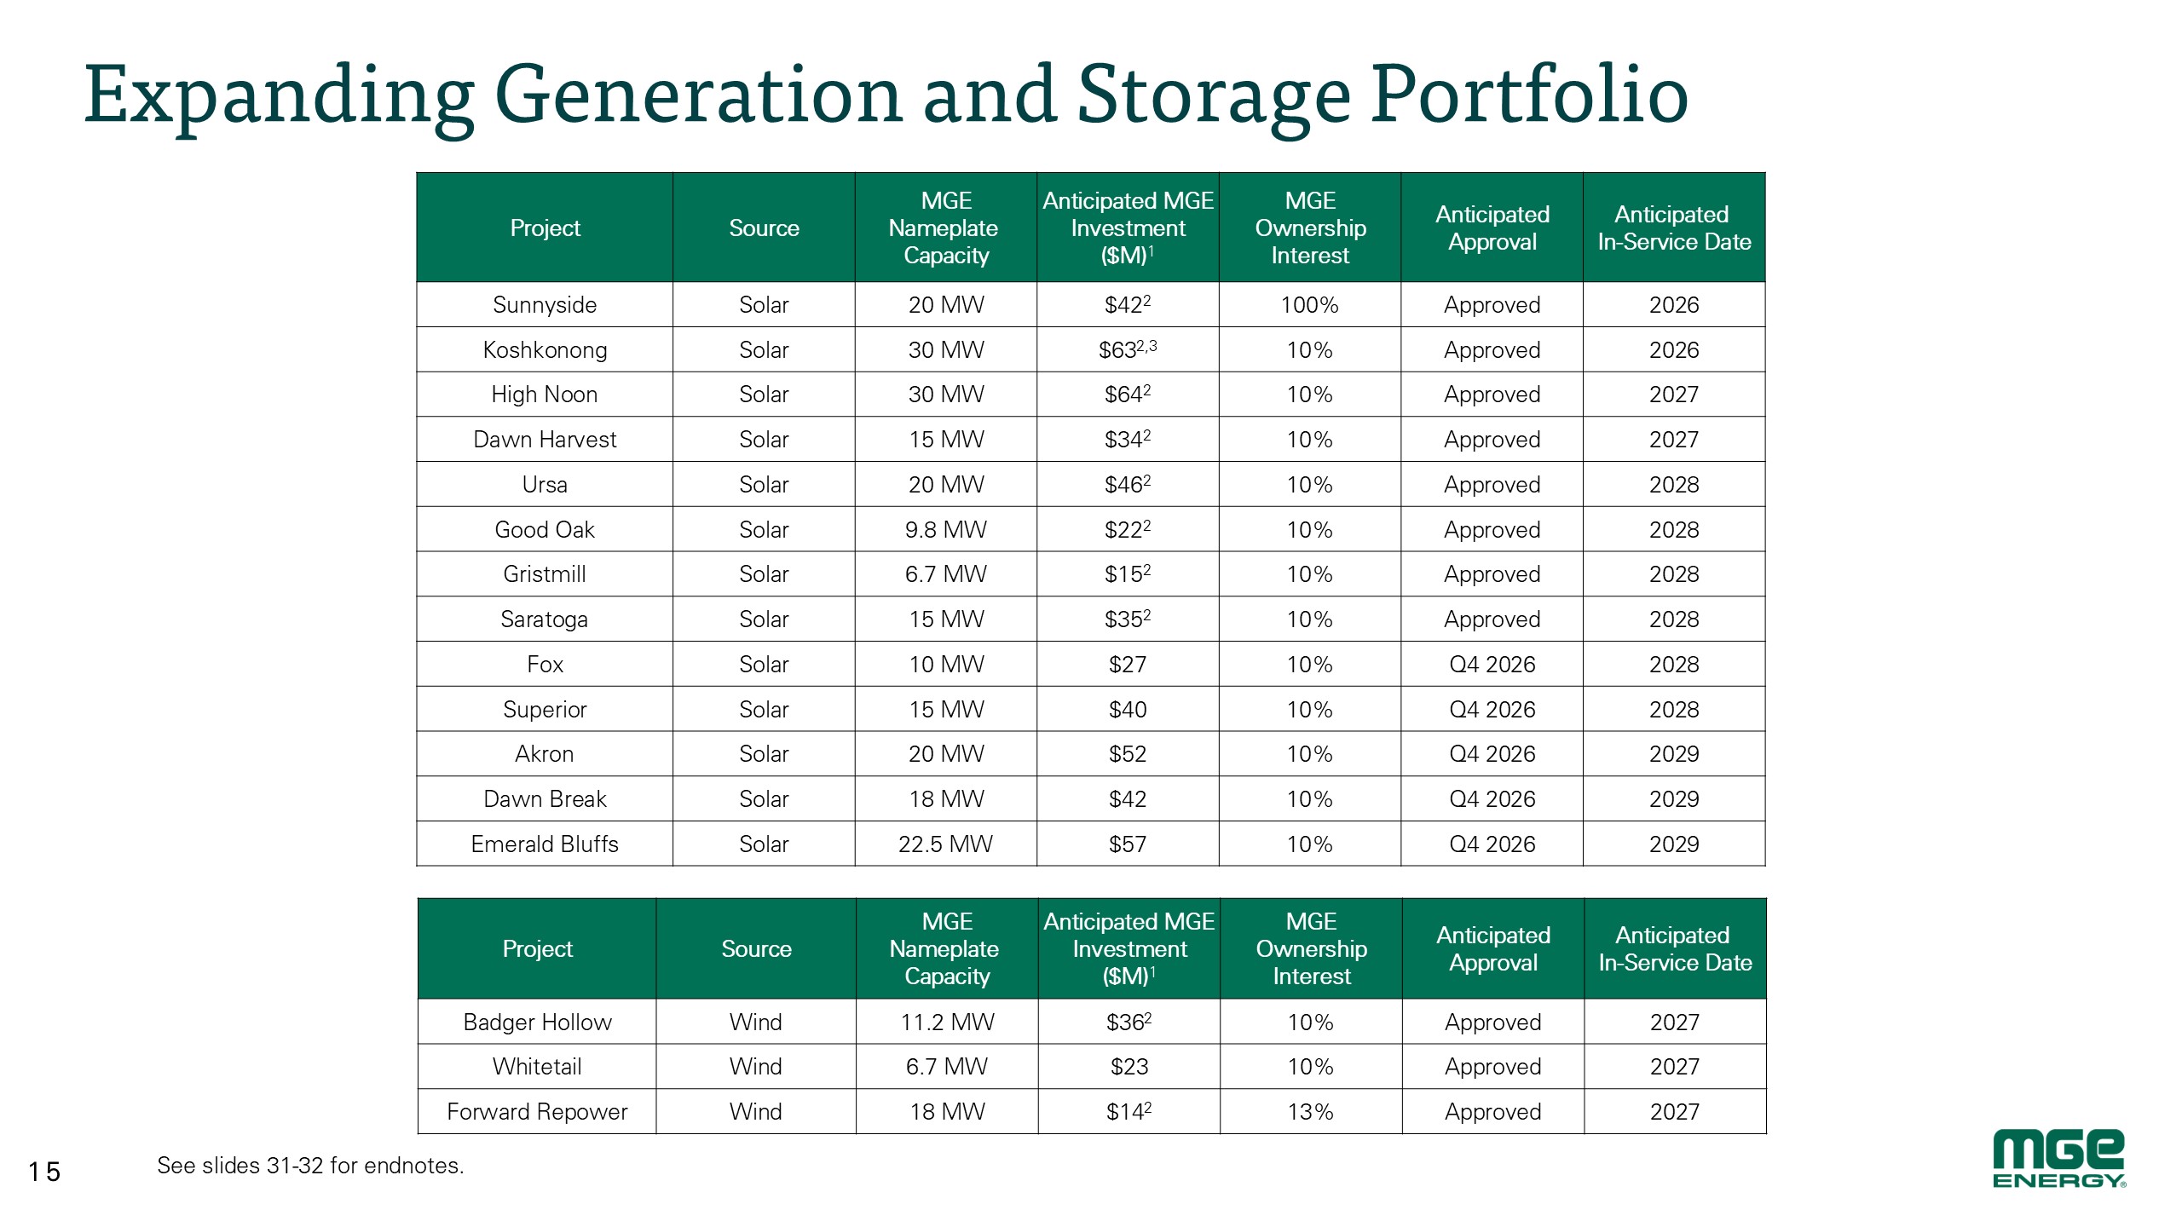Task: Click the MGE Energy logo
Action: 2059,1159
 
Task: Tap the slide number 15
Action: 44,1172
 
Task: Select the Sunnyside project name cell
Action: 545,305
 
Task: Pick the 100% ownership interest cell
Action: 1309,305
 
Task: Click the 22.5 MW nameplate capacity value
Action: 945,844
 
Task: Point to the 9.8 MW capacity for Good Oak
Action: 945,530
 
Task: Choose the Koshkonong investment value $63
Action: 1128,349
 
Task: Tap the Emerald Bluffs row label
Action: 545,844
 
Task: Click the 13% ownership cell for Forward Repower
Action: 1311,1112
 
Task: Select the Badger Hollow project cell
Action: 537,1022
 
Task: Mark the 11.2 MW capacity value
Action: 947,1022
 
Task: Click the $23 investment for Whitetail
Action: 1129,1067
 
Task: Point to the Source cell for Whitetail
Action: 755,1067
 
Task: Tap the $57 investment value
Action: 1128,844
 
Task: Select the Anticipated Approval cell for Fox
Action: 1492,665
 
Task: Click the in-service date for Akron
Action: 1674,754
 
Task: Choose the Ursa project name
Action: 545,485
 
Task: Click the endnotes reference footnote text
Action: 310,1166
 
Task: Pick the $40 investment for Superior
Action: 1128,710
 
